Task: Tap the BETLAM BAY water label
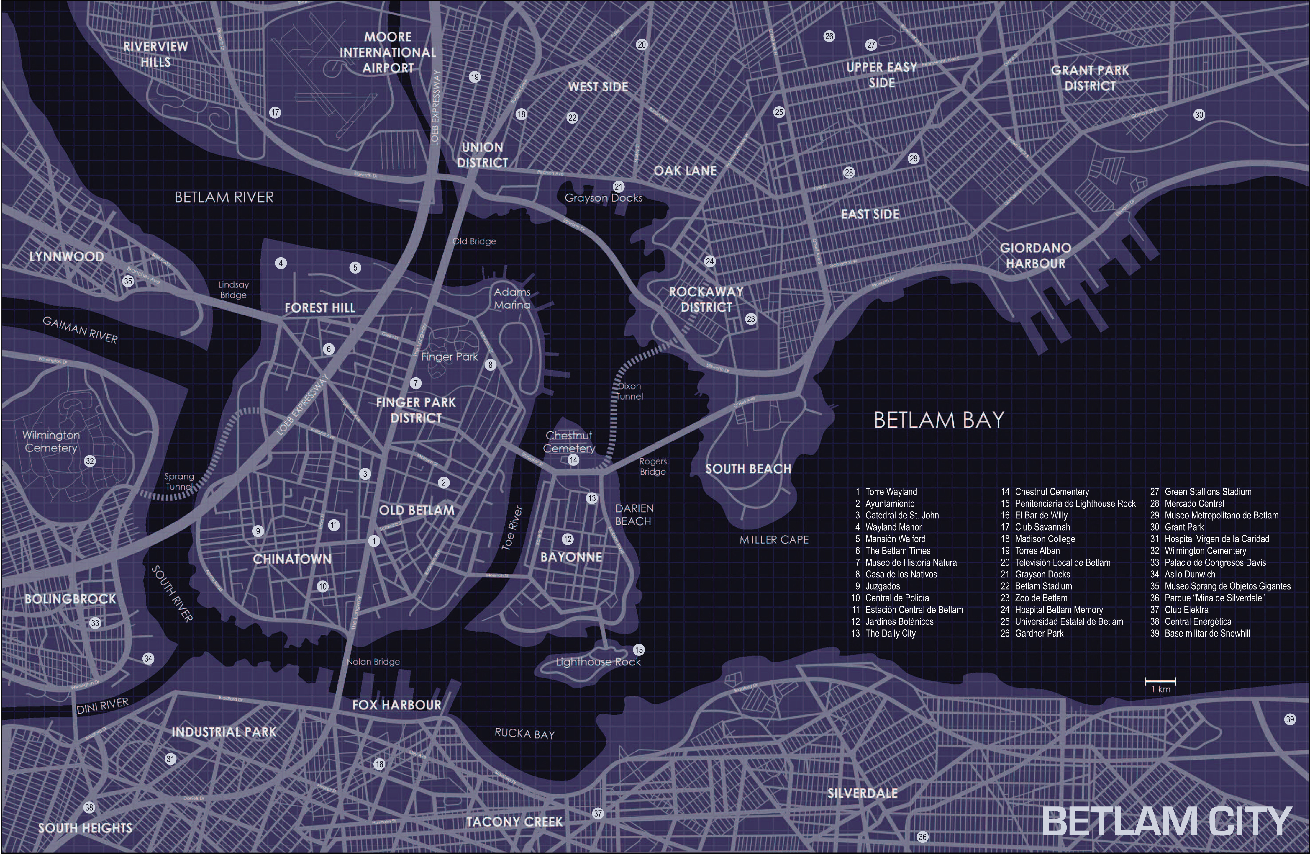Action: point(938,420)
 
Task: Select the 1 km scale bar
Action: point(1160,682)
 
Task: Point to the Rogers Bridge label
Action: point(653,466)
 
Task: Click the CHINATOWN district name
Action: point(292,559)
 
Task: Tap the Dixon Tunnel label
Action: point(629,391)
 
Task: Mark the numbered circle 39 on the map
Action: point(1290,719)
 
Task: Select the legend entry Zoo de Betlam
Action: point(1040,598)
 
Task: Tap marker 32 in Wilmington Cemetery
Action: point(90,461)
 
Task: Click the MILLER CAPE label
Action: point(774,540)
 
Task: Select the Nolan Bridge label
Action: point(373,662)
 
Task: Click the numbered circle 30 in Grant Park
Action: point(1199,115)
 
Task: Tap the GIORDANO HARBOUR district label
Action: point(1035,256)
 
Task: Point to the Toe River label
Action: point(511,528)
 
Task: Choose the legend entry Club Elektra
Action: point(1186,610)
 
